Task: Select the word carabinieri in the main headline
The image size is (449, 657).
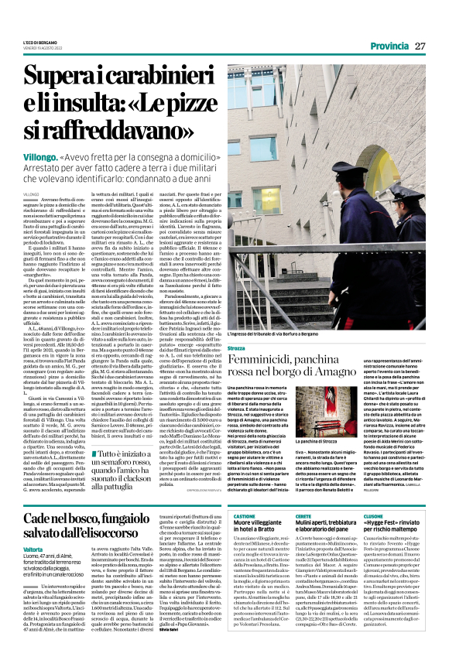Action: click(158, 77)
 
